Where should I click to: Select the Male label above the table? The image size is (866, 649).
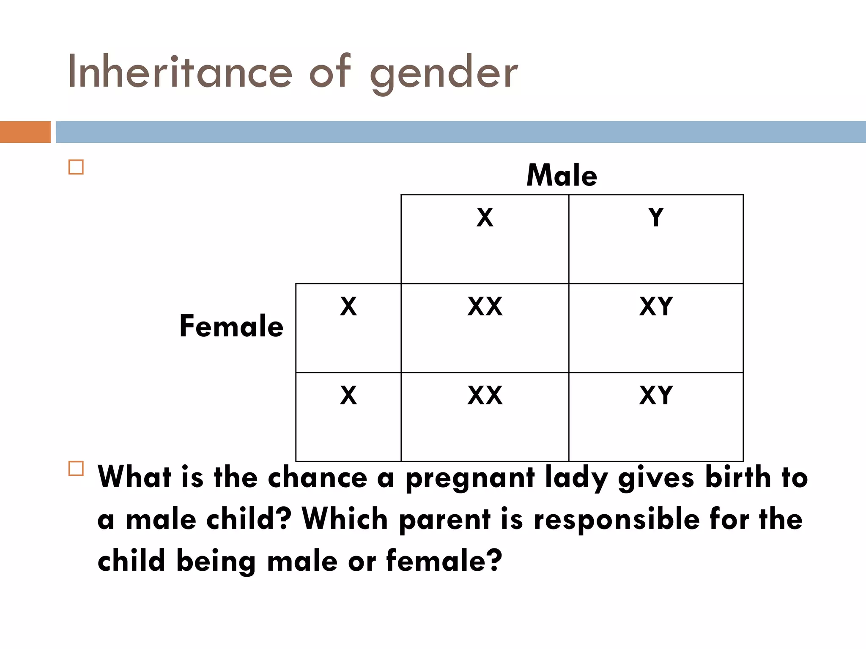pos(562,175)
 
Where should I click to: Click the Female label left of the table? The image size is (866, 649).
pos(231,326)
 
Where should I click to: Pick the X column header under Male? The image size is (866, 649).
pos(485,218)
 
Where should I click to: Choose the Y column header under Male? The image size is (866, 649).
pos(656,218)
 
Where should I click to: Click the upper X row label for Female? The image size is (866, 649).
pos(348,307)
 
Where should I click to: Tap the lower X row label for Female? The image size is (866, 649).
pos(348,396)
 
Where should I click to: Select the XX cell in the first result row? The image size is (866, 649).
pos(485,307)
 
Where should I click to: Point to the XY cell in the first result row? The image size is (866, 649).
pos(656,307)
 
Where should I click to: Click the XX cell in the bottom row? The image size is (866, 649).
pos(485,396)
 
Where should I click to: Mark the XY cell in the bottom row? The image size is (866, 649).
pos(656,396)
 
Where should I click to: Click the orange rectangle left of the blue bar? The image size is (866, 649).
pos(25,132)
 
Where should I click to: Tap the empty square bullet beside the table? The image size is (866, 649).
pos(76,167)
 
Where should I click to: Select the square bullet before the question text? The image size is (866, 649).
pos(76,469)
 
